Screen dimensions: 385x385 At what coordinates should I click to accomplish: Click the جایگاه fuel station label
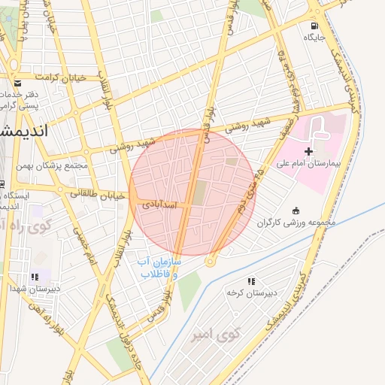tap(314, 37)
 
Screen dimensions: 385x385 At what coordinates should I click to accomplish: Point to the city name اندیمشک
tap(23, 130)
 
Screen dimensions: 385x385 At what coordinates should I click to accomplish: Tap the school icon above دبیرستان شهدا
tap(35, 277)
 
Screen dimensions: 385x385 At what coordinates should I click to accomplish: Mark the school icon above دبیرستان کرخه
tap(250, 280)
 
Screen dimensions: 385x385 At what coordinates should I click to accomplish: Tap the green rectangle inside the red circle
tap(199, 192)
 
